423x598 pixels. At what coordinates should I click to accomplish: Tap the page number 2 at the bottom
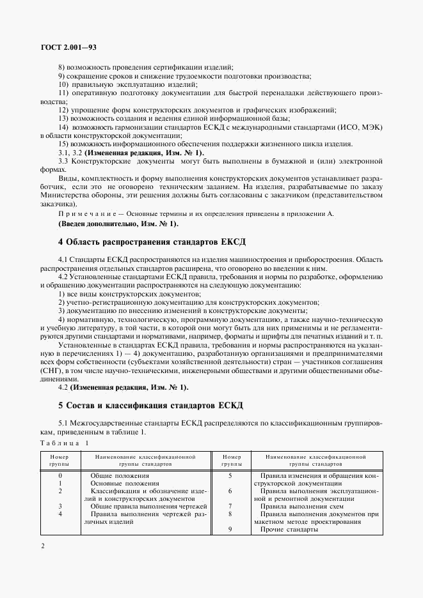[x=42, y=546]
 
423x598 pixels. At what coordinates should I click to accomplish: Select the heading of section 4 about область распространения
[x=152, y=241]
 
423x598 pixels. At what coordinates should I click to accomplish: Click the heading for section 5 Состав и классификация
[x=152, y=406]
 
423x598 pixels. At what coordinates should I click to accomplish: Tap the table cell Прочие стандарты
[x=289, y=530]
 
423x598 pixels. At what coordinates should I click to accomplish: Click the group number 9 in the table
[x=230, y=530]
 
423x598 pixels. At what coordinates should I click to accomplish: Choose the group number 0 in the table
[x=60, y=475]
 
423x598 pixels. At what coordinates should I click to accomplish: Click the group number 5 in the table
[x=230, y=475]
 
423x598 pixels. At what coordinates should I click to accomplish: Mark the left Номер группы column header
[x=60, y=461]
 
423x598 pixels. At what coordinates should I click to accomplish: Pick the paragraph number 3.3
[x=63, y=160]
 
